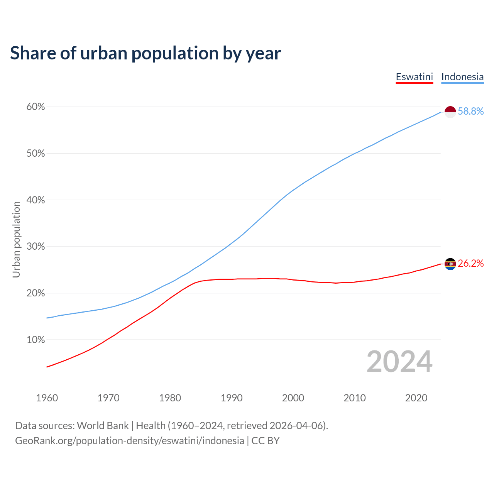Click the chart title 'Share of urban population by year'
[145, 53]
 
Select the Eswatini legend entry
[414, 77]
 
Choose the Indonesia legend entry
[462, 77]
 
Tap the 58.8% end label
[470, 112]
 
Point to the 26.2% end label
[470, 264]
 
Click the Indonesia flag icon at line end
[450, 112]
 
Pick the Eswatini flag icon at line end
[450, 264]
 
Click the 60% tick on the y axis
[36, 107]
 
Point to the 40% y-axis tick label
[36, 200]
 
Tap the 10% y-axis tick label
[36, 340]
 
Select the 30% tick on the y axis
[36, 247]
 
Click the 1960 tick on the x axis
[47, 398]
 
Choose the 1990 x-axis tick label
[232, 398]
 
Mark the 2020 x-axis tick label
[416, 398]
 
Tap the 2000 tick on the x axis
[293, 398]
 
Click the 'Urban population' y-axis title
[16, 239]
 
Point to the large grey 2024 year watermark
[399, 362]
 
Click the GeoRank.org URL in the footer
[130, 441]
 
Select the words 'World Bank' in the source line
[103, 426]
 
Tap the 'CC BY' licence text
[266, 441]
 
